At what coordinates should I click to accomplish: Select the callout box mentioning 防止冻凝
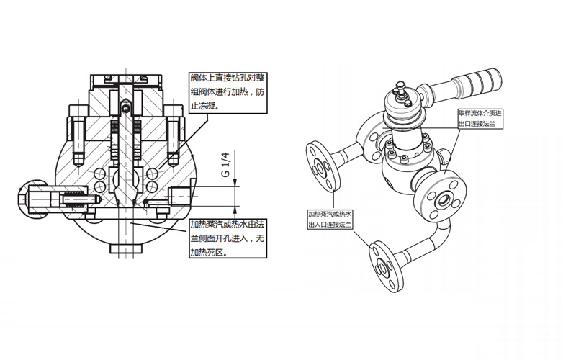coord(227,91)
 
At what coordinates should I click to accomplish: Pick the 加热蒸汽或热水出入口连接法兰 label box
coord(330,220)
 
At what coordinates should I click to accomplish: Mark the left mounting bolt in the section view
coord(78,138)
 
